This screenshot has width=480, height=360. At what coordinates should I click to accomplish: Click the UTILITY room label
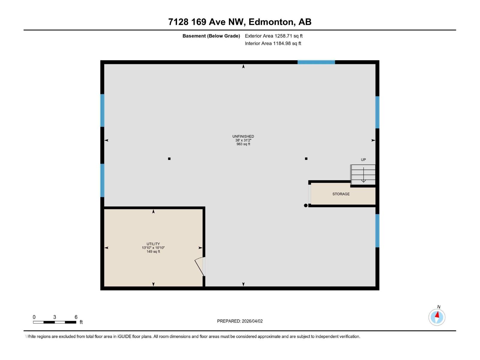[x=153, y=244]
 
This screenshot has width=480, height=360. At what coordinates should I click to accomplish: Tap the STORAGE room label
[x=341, y=194]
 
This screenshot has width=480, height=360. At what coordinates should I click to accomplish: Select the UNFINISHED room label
[x=243, y=136]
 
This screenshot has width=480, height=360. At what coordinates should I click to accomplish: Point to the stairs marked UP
[x=363, y=175]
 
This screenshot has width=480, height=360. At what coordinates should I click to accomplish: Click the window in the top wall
[x=316, y=62]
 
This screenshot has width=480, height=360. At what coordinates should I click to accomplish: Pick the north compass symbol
[x=437, y=317]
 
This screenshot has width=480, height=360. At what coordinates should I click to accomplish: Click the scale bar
[x=55, y=322]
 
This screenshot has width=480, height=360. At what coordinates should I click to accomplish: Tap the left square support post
[x=169, y=159]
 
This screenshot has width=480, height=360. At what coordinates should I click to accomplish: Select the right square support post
[x=306, y=159]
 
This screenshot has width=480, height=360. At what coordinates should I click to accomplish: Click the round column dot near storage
[x=306, y=205]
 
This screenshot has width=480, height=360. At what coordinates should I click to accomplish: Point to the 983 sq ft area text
[x=243, y=144]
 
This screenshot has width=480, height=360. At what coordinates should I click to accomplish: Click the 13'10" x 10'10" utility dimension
[x=153, y=248]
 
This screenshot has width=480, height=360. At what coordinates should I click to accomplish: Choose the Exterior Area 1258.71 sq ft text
[x=274, y=36]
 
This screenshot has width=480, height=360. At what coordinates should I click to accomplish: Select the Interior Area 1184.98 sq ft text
[x=273, y=43]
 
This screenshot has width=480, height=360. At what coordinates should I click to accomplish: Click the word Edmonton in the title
[x=271, y=22]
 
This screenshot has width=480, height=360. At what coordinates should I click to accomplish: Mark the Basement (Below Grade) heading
[x=211, y=36]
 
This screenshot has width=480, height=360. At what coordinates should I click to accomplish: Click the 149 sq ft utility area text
[x=153, y=252]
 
